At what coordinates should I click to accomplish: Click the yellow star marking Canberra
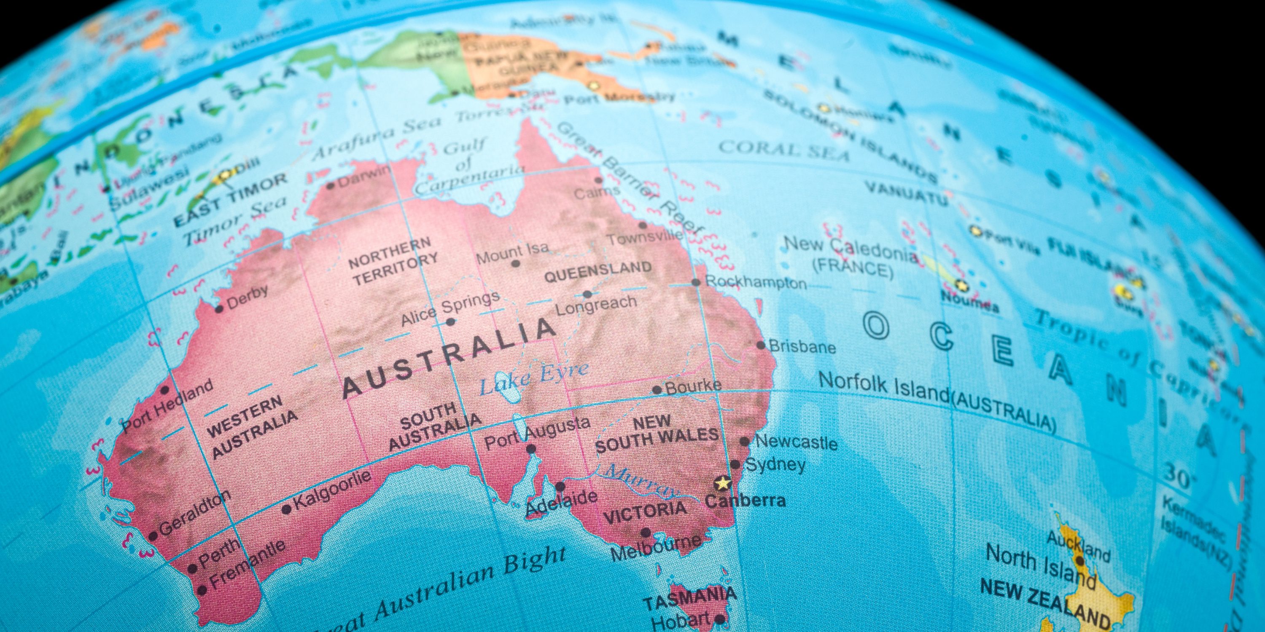722,483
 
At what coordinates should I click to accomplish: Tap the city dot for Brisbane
761,345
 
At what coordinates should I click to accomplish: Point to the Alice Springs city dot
450,322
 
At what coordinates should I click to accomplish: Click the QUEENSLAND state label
598,271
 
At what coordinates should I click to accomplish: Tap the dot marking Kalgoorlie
287,509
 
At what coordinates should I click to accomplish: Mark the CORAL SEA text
784,149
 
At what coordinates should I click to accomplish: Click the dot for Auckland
1080,560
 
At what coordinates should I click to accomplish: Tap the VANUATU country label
906,193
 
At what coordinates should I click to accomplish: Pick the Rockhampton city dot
695,282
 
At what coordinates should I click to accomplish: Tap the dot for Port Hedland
165,390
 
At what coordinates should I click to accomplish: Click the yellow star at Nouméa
961,284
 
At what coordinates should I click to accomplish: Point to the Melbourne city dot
646,533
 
